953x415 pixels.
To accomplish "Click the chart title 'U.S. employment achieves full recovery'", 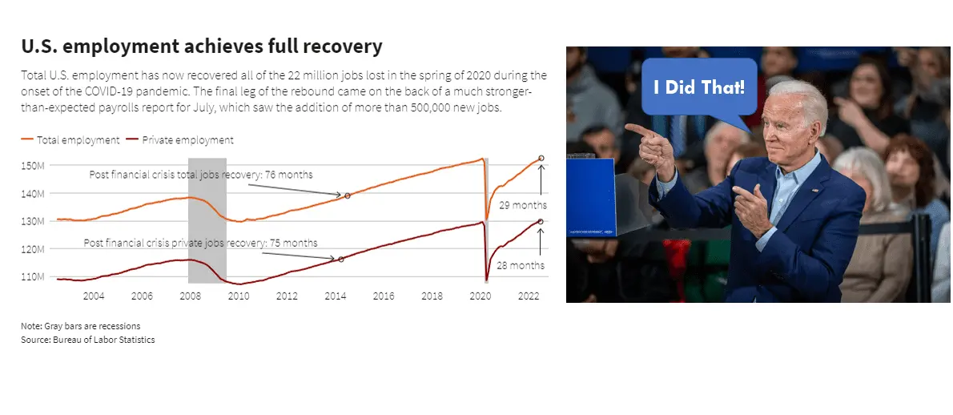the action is pos(202,46).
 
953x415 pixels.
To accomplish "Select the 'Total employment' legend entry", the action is pos(70,139).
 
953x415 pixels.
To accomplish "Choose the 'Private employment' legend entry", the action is pos(180,139).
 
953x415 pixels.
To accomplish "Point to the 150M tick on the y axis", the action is pos(33,165).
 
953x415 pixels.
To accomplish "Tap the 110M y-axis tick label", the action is pos(33,276).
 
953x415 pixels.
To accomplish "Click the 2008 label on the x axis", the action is pos(191,296).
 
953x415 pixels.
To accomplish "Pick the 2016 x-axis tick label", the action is pos(384,296).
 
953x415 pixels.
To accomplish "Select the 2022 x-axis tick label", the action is pos(529,296).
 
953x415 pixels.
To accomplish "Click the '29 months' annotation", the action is pos(523,205).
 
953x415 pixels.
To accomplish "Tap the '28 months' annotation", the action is pos(521,265).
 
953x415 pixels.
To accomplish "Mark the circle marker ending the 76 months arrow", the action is pos(348,195).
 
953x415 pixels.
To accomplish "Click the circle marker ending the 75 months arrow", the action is pos(341,260).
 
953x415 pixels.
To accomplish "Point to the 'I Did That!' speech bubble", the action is pos(700,87).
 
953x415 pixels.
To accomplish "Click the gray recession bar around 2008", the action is pos(207,220).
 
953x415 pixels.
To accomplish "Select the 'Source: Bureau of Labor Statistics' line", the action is pos(88,340).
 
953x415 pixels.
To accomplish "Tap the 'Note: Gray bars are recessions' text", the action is pos(81,326).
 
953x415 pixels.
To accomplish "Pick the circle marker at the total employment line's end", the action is pos(541,158).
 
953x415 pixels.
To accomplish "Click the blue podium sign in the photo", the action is pos(591,197).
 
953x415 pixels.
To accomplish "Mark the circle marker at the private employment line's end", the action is pos(541,221).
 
